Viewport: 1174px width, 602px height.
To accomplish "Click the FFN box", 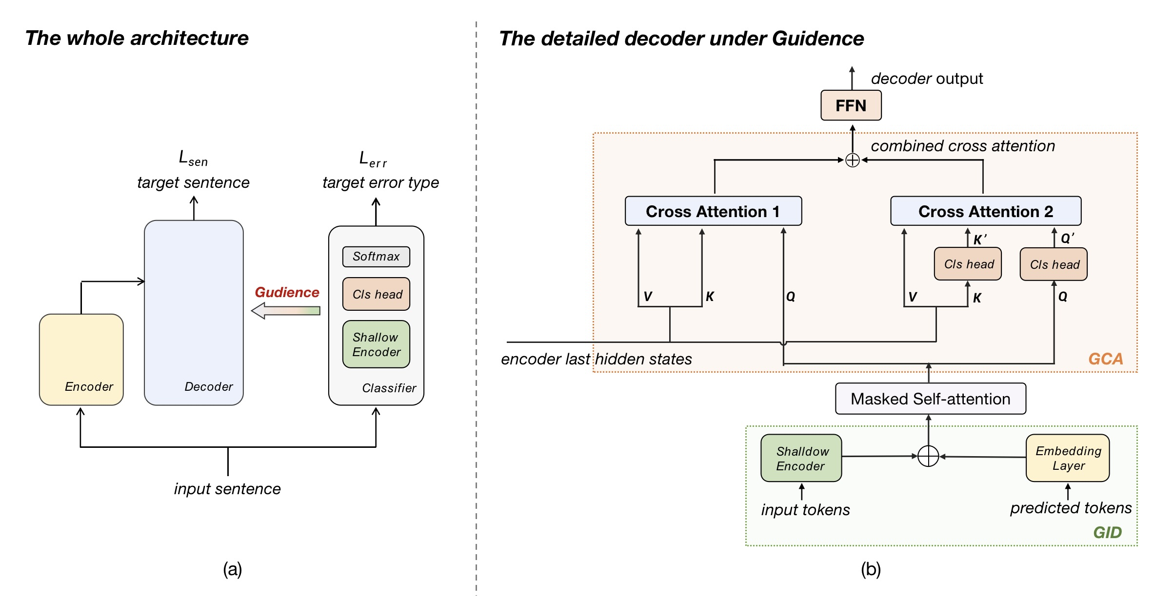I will (851, 105).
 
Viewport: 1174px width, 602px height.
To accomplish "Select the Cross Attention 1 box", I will (713, 211).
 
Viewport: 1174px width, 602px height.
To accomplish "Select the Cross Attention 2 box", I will (985, 211).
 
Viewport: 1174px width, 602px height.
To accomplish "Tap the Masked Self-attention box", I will (930, 399).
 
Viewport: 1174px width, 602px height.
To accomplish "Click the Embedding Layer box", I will (1068, 458).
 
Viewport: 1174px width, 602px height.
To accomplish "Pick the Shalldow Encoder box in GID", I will (801, 458).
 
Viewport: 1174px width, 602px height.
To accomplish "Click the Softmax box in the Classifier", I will (376, 257).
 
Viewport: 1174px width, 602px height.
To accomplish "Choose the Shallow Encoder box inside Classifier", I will (376, 344).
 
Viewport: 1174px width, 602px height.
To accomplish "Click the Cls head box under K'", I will (968, 264).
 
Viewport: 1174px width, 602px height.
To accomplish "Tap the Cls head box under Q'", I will (1054, 264).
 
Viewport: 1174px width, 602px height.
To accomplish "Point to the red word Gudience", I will (287, 292).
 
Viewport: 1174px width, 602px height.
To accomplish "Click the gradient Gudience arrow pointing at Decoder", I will (286, 311).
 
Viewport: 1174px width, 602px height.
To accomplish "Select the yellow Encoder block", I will (81, 359).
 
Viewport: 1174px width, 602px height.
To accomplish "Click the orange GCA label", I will (1105, 359).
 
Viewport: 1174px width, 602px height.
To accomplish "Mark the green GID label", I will (1107, 532).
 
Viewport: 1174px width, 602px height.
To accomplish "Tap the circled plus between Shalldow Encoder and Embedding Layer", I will (928, 457).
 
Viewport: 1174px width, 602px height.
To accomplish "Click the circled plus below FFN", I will (852, 160).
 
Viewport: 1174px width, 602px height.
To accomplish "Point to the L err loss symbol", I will (372, 159).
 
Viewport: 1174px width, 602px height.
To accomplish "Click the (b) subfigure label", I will (871, 569).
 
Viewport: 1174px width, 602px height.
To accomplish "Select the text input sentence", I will (227, 489).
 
